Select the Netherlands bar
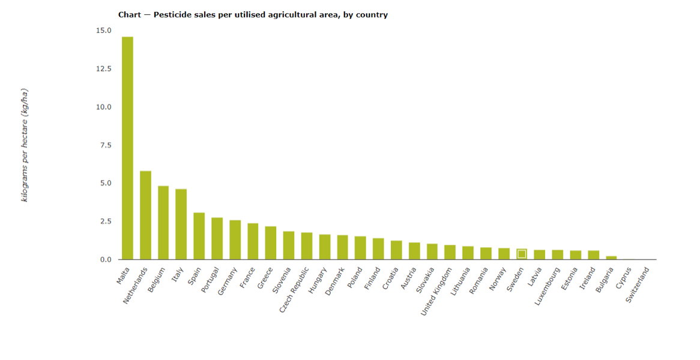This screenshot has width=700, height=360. coord(145,215)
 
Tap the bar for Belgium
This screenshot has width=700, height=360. coord(163,223)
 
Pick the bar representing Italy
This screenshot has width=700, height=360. coord(181,224)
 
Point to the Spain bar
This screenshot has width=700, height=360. coord(199,236)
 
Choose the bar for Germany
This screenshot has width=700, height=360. coord(235,240)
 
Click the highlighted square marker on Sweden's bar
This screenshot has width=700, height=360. coord(522,254)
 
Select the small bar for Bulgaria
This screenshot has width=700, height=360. coord(611,257)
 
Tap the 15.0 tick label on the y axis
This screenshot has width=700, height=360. coord(103,31)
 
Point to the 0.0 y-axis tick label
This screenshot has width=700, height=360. coord(105,260)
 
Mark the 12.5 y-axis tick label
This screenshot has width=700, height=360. coord(103,69)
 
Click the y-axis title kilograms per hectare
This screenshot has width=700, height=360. coord(25,145)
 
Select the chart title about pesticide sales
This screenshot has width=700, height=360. coord(253,14)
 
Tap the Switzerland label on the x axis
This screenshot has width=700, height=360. coord(638,285)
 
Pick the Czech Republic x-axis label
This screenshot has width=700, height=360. coord(294,291)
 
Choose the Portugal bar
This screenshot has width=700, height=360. coord(217,239)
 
